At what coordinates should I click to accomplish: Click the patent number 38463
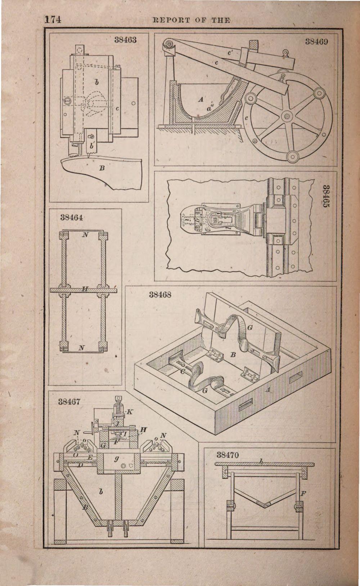pos(125,40)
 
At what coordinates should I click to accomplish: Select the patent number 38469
pos(316,42)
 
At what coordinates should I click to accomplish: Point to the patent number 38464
pos(72,217)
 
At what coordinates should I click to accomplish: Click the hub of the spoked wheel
pos(287,116)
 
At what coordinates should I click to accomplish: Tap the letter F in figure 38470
pos(303,494)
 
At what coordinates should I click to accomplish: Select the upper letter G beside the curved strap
pos(250,328)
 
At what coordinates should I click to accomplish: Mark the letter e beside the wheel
pos(246,117)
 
